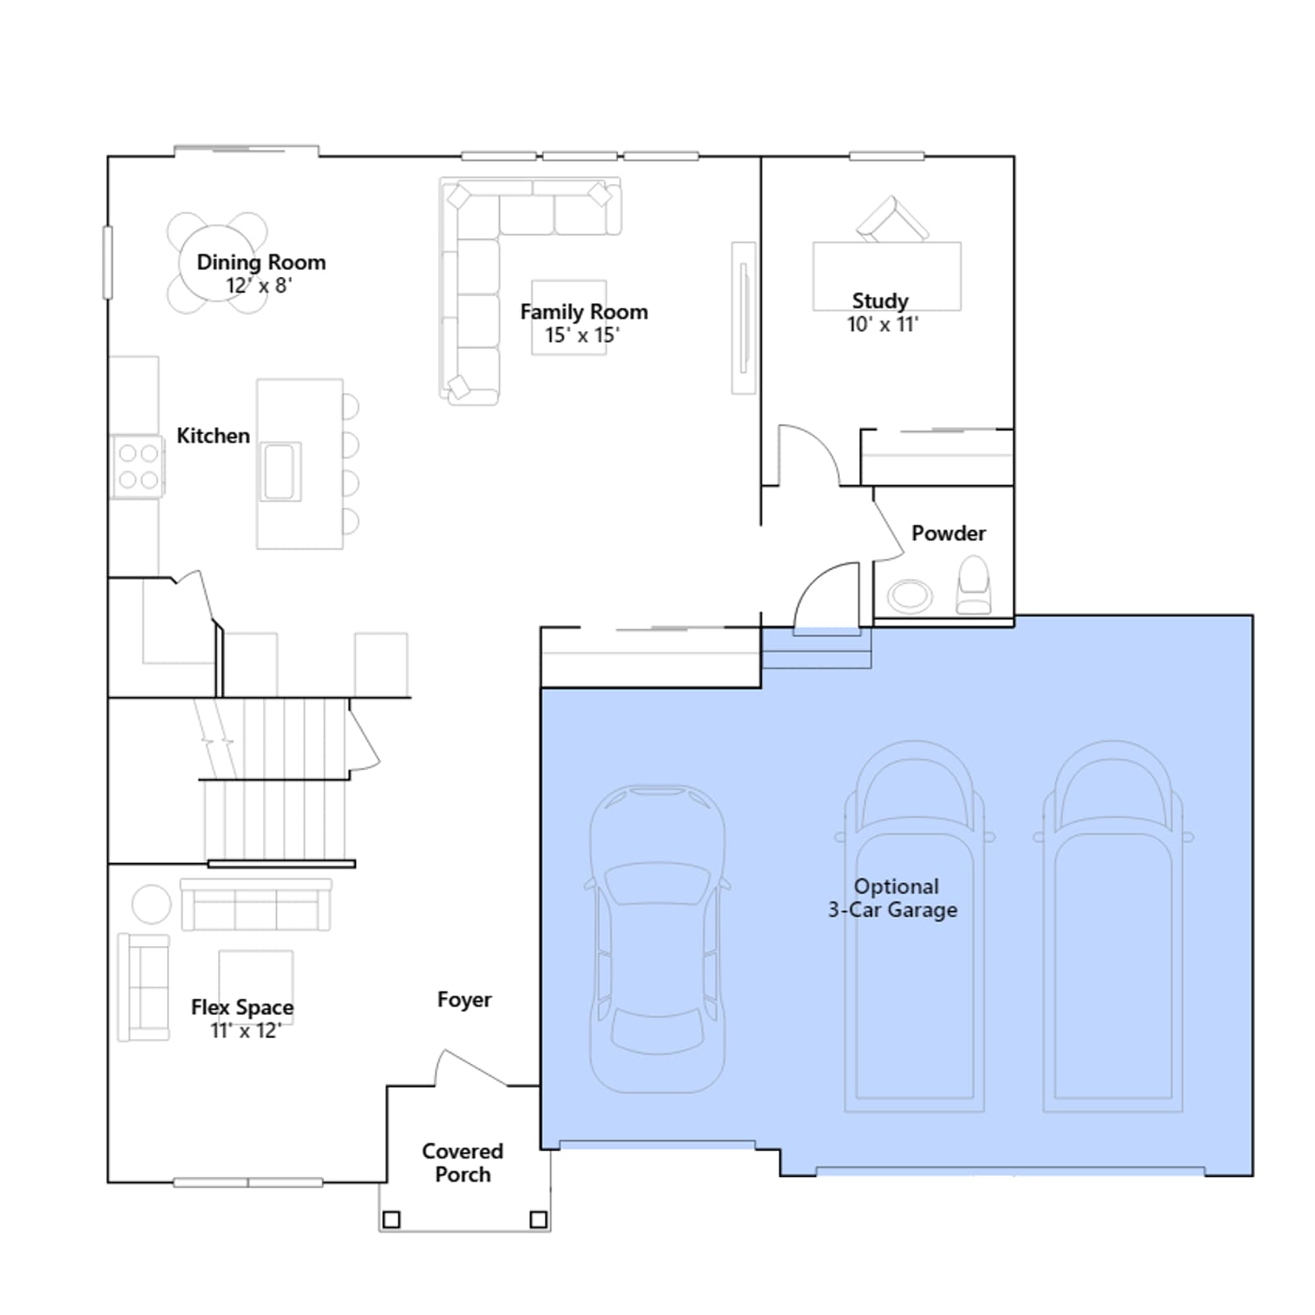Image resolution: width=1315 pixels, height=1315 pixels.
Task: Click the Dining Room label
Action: (261, 262)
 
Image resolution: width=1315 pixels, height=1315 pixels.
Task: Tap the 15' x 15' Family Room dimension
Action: (582, 335)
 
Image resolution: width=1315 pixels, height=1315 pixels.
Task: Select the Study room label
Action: (880, 301)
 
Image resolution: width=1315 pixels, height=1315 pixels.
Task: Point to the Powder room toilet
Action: (974, 585)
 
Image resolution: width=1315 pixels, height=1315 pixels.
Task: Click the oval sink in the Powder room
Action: (910, 595)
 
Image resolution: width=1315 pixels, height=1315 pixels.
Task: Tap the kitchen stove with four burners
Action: (138, 466)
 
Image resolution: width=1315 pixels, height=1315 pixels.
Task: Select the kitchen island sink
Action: (280, 472)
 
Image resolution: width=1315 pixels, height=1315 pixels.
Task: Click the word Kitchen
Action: (213, 436)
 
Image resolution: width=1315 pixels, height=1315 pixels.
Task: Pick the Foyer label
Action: (464, 999)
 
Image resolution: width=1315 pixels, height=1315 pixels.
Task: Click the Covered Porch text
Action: (463, 1163)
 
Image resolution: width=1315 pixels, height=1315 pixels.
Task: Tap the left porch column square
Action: (392, 1220)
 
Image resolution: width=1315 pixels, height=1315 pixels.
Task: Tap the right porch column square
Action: (538, 1220)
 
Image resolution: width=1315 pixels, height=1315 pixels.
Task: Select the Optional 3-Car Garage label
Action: (893, 898)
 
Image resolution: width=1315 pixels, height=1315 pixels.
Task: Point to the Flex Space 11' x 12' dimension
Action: (246, 1031)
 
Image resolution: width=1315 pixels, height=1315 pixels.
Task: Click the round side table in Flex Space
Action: (151, 904)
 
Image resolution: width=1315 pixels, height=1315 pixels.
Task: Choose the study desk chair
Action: (892, 219)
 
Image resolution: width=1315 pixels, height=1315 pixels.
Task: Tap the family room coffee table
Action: (569, 317)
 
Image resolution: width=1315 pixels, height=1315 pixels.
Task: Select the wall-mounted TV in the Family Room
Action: (744, 318)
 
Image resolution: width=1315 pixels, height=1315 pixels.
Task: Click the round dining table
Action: (218, 263)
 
